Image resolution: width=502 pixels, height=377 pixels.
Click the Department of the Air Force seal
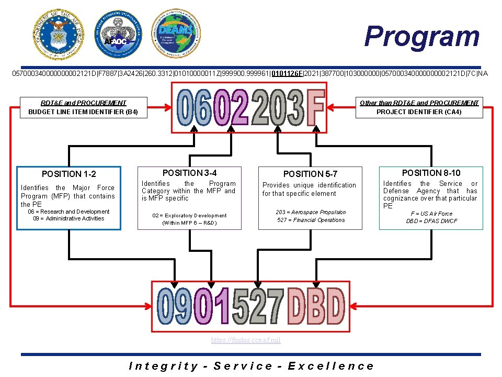pos(58,34)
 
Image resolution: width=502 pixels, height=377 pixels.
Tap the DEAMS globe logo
pos(176,33)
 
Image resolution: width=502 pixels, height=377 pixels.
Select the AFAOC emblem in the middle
pos(117,34)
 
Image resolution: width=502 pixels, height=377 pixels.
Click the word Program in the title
pos(421,36)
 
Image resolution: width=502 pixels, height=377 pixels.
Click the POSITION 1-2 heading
pos(69,174)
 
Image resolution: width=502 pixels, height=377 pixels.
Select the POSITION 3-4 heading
pos(189,173)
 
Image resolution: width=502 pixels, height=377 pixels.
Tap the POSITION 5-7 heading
pos(310,174)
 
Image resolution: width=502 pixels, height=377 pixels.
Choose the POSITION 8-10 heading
pos(431,173)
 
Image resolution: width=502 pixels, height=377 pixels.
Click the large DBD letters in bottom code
pos(316,306)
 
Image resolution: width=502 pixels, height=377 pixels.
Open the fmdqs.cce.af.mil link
pos(246,340)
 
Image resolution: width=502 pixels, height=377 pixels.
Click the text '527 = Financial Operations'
pos(311,220)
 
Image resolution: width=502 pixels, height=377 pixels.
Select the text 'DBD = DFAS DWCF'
pos(431,221)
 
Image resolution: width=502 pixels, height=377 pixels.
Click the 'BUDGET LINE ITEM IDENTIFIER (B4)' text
pos(83,112)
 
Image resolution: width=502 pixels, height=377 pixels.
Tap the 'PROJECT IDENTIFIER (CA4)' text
pos(419,112)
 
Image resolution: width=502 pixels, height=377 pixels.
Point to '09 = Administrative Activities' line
pos(69,218)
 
